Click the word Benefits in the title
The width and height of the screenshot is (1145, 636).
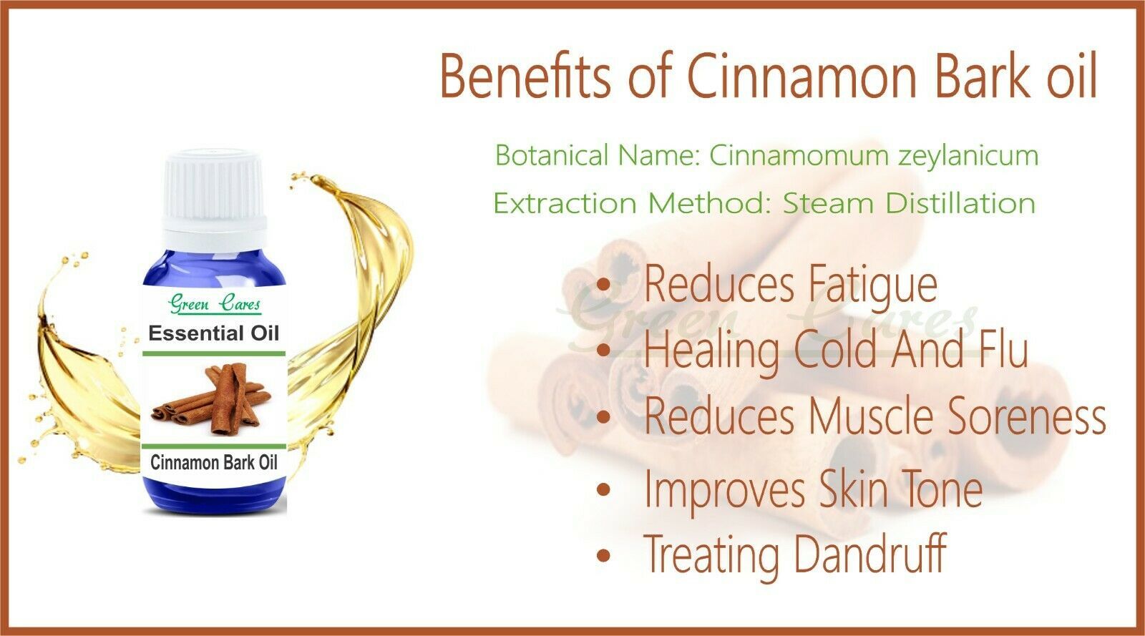[525, 76]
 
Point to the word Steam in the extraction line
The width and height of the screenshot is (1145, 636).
[828, 203]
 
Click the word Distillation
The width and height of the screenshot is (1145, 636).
[960, 203]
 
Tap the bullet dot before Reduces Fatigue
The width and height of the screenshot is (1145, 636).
[604, 285]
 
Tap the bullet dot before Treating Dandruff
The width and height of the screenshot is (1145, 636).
[604, 555]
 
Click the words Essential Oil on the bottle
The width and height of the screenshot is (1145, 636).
[214, 333]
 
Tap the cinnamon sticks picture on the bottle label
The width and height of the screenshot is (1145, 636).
[211, 399]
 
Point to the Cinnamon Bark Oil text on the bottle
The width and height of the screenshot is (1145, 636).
[214, 463]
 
